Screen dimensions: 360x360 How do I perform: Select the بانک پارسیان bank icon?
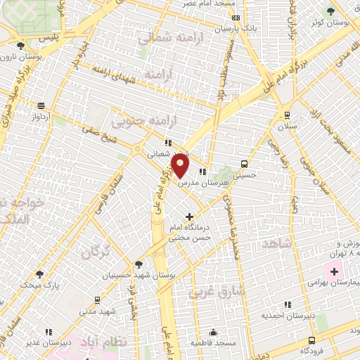[x=236, y=18]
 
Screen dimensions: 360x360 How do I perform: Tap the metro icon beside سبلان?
[x=286, y=115]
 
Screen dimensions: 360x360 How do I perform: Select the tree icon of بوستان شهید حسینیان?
[x=139, y=264]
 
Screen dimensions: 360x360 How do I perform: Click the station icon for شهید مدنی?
[x=108, y=300]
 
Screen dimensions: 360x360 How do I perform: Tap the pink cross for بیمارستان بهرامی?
[x=334, y=271]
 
